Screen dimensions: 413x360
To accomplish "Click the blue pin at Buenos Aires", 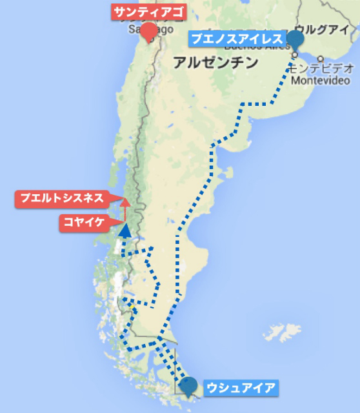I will (x=295, y=40).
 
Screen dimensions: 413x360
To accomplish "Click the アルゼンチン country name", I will (x=215, y=63).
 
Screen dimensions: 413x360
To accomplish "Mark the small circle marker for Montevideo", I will (x=320, y=59).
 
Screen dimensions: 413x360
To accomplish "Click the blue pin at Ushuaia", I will (x=189, y=386).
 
